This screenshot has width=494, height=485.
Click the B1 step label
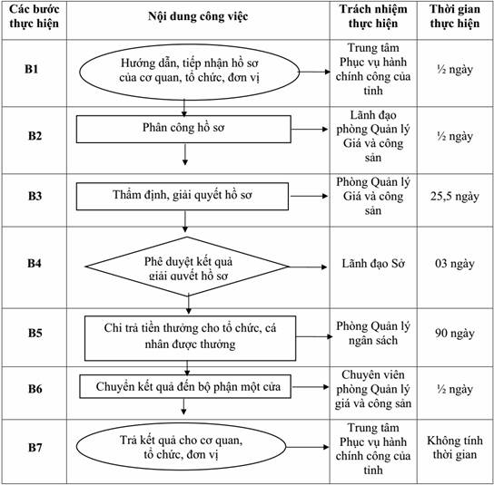pyautogui.click(x=32, y=69)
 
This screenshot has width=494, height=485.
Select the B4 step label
pyautogui.click(x=35, y=263)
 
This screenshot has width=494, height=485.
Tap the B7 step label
pyautogui.click(x=35, y=447)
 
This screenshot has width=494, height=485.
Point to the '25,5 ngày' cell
pyautogui.click(x=455, y=196)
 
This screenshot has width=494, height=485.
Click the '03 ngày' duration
pyautogui.click(x=455, y=263)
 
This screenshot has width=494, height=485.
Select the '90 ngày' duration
pyautogui.click(x=455, y=333)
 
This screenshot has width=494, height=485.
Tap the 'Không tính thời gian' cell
pyautogui.click(x=455, y=447)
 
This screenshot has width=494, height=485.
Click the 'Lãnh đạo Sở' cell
pyautogui.click(x=373, y=263)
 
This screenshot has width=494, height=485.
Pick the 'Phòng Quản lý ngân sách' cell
pyautogui.click(x=373, y=333)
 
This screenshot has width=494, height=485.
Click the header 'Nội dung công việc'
pyautogui.click(x=198, y=16)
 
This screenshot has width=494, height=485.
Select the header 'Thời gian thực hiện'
pyautogui.click(x=455, y=16)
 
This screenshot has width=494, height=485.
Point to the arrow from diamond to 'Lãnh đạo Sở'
pyautogui.click(x=308, y=267)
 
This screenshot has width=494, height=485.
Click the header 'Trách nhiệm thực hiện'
pyautogui.click(x=373, y=16)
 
